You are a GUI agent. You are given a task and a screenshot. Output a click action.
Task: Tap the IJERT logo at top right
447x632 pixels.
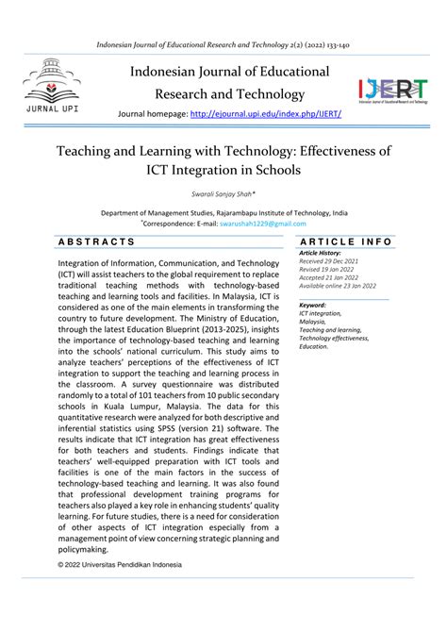tap(391, 90)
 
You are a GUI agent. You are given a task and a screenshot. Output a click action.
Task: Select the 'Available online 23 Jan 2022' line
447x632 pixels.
tap(337, 285)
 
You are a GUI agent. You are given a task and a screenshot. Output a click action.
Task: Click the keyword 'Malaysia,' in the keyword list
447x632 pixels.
tap(315, 322)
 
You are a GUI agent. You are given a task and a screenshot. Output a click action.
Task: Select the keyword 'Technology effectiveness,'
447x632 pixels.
tap(340, 338)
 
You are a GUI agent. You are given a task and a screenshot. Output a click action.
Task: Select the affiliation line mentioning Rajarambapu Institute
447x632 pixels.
tap(223, 213)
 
